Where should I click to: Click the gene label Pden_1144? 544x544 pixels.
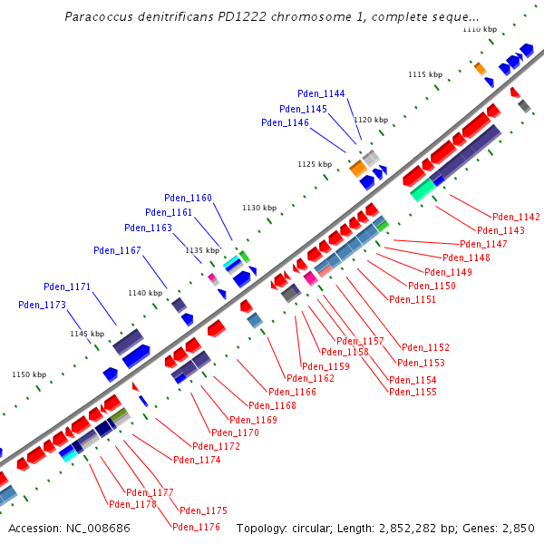coord(321,93)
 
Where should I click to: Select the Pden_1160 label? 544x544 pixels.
coord(188,198)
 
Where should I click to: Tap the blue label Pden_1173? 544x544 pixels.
coord(42,305)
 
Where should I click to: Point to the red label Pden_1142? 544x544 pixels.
coord(516,217)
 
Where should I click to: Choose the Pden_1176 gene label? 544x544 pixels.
coord(196,527)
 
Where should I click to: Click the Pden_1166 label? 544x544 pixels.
coord(310,392)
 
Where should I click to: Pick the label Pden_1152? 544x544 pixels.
coord(425,347)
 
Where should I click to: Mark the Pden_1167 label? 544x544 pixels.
coord(117,250)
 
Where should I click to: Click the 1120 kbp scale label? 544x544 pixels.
coord(370,120)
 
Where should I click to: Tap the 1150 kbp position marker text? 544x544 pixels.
coord(28,374)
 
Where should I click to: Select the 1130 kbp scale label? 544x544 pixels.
coord(258,208)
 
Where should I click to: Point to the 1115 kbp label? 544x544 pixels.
coord(424,74)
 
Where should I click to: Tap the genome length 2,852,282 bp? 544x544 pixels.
coord(423,528)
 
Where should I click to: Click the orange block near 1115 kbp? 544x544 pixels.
coord(481,69)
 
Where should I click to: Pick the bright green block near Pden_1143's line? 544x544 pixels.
coord(423,189)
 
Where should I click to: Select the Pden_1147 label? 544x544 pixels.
coord(483,244)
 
